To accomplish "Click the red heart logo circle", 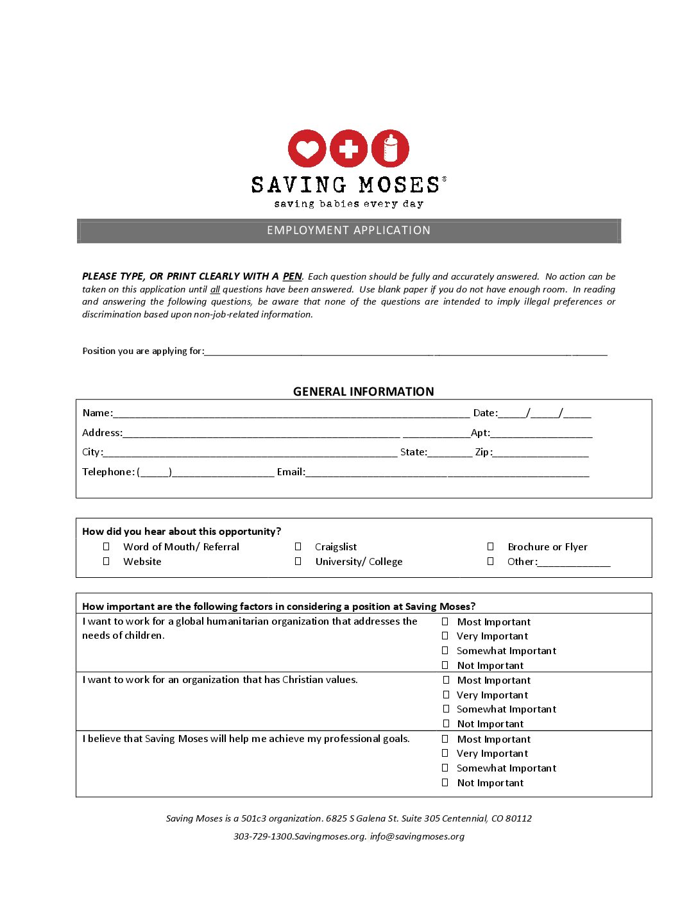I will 307,148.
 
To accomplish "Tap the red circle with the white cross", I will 348,148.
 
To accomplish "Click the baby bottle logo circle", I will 390,148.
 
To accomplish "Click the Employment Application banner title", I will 348,230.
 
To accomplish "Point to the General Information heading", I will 363,391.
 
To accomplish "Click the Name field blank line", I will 291,414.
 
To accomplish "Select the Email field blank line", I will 447,473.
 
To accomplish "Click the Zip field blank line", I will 541,453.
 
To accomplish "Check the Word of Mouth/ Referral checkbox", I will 106,546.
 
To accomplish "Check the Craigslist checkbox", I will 298,546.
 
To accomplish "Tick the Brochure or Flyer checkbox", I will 491,546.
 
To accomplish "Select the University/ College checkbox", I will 298,561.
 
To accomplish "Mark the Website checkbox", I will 106,561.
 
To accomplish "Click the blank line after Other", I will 574,563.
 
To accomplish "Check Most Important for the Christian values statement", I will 446,680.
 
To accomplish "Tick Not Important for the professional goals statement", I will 445,782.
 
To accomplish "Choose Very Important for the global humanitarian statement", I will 445,636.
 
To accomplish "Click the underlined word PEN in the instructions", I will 292,276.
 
